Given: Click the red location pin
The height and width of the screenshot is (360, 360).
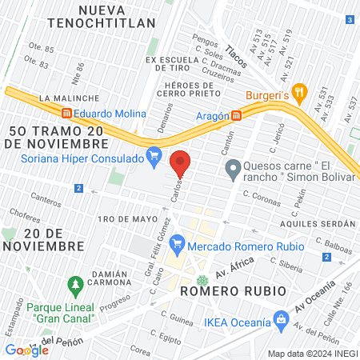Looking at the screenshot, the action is point(180,162).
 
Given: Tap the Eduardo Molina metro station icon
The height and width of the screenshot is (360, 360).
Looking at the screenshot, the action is point(68,114).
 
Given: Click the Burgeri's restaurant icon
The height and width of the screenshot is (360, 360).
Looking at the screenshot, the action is point(299,92).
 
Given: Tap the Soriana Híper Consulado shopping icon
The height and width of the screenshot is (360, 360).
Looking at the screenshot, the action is point(154,154).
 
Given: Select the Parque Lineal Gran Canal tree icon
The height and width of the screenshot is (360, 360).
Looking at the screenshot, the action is point(75,284).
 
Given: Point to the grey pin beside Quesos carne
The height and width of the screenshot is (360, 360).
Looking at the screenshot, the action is point(233,169).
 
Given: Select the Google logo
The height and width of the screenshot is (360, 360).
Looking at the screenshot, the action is point(26,350).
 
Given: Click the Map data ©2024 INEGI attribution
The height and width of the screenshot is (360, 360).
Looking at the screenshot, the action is point(311,354).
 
